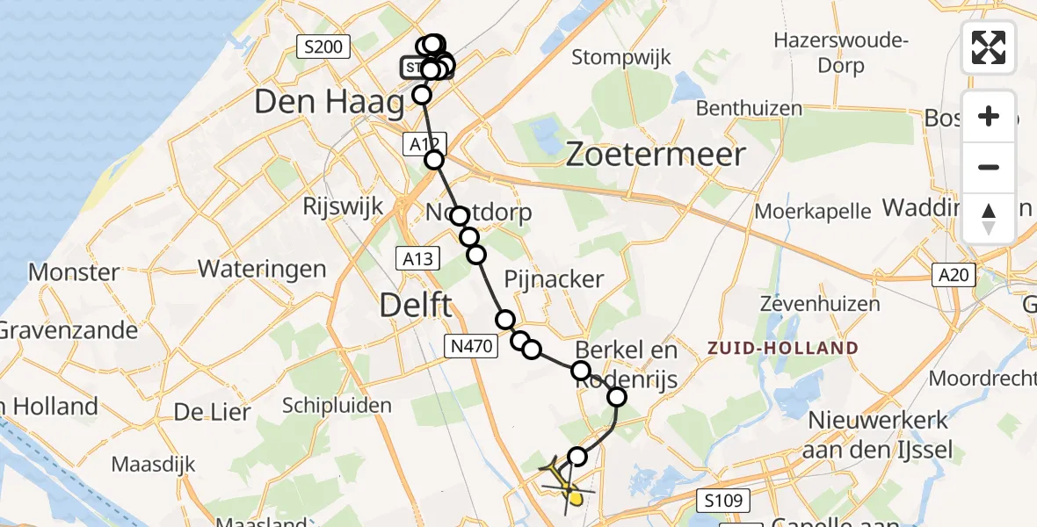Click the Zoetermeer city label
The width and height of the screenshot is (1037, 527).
656,155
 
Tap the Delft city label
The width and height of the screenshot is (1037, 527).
416,306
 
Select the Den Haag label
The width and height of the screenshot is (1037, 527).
329,103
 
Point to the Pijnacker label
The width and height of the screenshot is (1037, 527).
554,279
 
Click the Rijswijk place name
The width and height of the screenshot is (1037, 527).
343,206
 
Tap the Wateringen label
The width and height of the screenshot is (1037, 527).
262,269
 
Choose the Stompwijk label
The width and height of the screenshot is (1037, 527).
621,58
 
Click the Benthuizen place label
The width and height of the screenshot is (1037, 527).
749,109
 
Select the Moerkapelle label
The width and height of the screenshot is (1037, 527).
813,211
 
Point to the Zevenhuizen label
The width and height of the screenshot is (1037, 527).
820,304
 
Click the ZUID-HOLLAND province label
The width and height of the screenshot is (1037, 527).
783,348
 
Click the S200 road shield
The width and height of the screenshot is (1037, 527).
323,47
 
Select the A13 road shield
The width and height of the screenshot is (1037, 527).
417,257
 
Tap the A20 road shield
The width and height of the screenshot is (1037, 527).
954,276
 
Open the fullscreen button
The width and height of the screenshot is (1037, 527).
989,47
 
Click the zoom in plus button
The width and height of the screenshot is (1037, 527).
989,116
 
